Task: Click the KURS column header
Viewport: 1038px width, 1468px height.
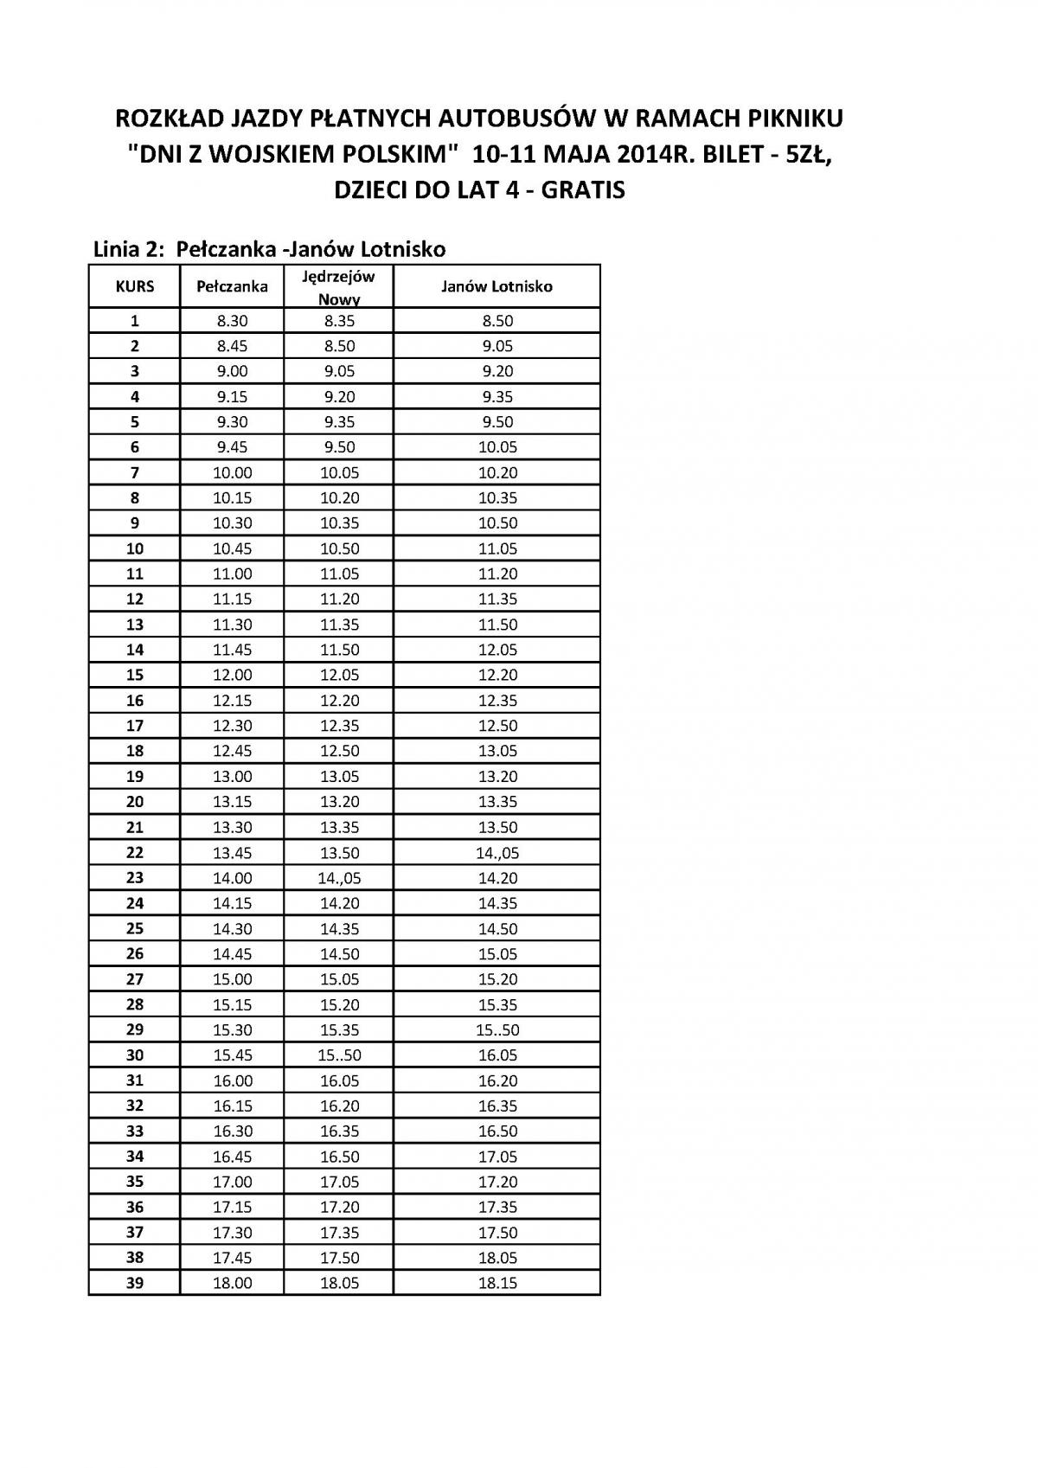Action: pos(135,286)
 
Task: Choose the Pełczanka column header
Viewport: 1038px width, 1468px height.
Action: pos(232,286)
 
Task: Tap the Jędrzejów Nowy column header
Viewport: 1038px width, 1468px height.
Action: pos(338,287)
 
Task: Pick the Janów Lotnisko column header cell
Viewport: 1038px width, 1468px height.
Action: pos(497,286)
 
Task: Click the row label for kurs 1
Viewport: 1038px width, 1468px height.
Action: pos(135,321)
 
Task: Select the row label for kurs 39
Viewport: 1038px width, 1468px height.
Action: pos(135,1283)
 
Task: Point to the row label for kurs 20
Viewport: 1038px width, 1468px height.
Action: pos(135,802)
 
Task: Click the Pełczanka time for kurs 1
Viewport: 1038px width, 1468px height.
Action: pos(232,321)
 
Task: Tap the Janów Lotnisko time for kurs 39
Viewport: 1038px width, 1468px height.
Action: pos(497,1283)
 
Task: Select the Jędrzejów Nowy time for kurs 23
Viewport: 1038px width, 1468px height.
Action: pos(338,878)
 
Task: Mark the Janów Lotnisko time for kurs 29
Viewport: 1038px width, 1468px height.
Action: pos(497,1029)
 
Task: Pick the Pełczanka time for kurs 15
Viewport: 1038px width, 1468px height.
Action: pos(232,675)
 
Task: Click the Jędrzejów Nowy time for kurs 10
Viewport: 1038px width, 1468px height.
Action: pos(338,548)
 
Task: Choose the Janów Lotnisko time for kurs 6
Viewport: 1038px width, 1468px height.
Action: pos(497,447)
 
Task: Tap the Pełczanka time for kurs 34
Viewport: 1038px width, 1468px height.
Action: pos(232,1157)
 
